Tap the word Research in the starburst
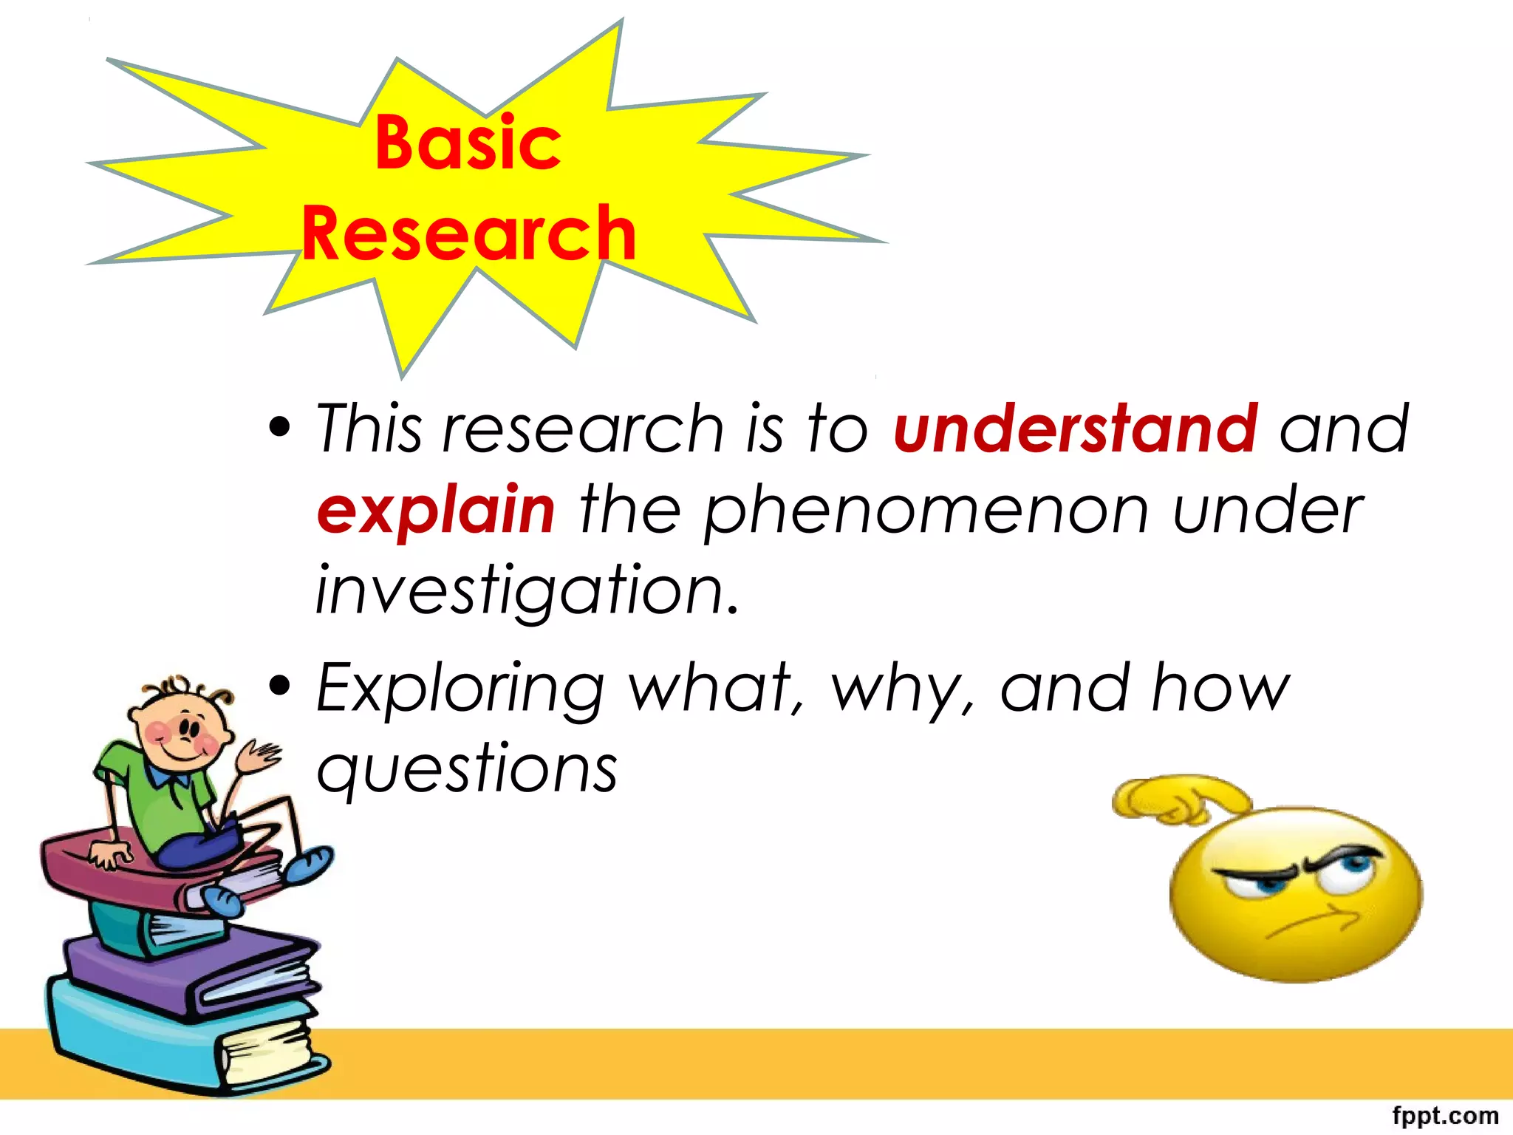click(469, 234)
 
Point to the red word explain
click(436, 511)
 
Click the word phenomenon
click(926, 511)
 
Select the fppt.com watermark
click(1445, 1115)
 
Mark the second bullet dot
click(280, 685)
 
